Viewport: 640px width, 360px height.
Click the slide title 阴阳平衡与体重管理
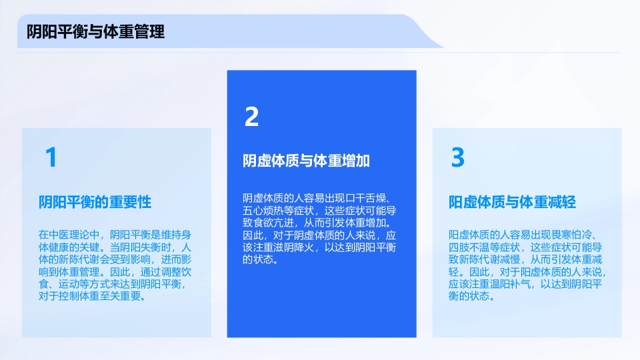tap(95, 32)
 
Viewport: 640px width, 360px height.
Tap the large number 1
tap(51, 158)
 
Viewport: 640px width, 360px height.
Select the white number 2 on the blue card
tap(251, 117)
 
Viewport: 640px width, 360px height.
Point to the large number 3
tap(457, 158)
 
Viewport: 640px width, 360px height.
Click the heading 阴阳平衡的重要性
tap(95, 202)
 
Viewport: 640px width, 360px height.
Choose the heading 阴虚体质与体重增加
tap(306, 161)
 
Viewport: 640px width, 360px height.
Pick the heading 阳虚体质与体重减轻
tap(512, 202)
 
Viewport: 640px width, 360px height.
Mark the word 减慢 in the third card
tap(511, 259)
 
